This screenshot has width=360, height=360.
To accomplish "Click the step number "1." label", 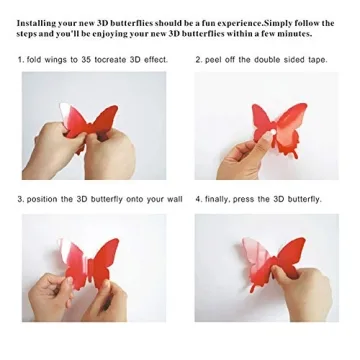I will click(21, 61).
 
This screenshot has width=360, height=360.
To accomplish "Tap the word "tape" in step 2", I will click(316, 61).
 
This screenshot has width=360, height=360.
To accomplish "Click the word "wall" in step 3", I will click(173, 199).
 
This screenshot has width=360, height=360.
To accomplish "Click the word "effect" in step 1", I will click(150, 61).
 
